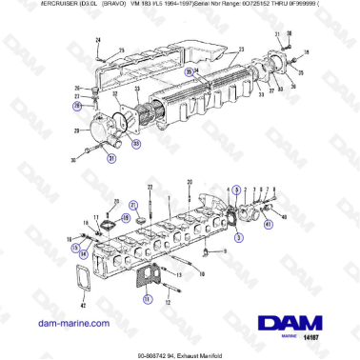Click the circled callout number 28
91,107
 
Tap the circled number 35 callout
190,72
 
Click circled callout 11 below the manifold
147,299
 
